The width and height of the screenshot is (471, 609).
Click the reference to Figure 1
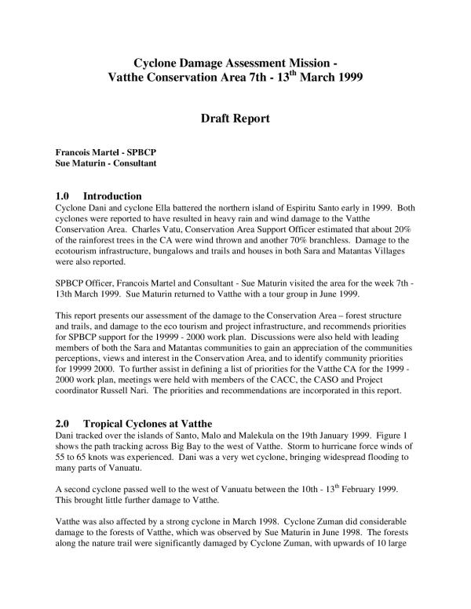(x=390, y=436)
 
